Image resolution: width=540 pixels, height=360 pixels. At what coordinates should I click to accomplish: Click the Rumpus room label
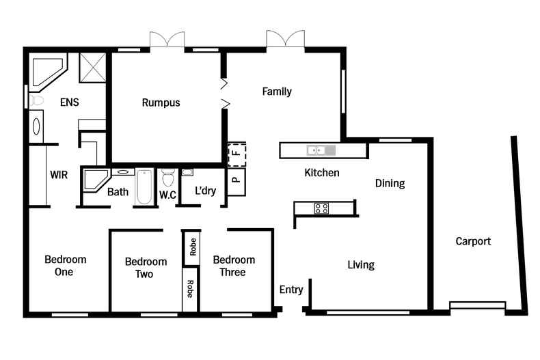tap(161, 103)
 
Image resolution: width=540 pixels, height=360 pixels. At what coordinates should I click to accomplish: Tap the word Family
tap(277, 92)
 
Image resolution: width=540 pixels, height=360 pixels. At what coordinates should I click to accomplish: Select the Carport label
tap(473, 241)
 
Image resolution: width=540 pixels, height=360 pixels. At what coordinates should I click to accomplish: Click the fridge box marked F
tap(237, 154)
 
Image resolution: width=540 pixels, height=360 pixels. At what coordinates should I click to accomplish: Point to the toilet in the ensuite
tap(36, 100)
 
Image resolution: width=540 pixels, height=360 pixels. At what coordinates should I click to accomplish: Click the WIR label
tap(59, 175)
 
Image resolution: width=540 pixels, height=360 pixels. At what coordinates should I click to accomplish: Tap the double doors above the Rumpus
tap(167, 40)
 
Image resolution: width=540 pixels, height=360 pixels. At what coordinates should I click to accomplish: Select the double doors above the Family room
tap(285, 39)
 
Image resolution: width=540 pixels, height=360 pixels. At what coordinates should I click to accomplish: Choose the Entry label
tap(291, 290)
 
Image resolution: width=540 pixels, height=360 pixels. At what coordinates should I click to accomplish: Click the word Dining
tap(390, 183)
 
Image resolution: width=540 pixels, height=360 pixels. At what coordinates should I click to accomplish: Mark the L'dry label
tap(205, 191)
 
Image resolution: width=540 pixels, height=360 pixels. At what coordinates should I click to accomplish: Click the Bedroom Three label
tap(234, 266)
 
